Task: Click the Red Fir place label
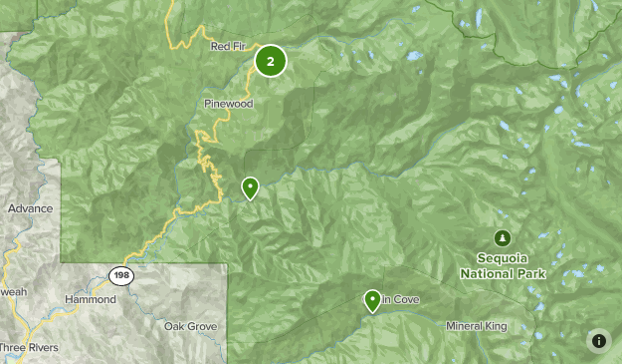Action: click(x=227, y=46)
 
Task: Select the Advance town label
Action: click(x=29, y=209)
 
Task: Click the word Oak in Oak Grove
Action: click(x=176, y=326)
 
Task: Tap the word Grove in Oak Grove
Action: click(x=203, y=326)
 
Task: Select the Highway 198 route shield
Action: click(x=121, y=274)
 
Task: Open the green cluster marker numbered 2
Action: click(x=271, y=61)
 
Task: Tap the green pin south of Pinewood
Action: click(x=250, y=186)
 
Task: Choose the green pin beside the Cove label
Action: click(x=372, y=299)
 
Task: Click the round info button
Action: click(x=599, y=341)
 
